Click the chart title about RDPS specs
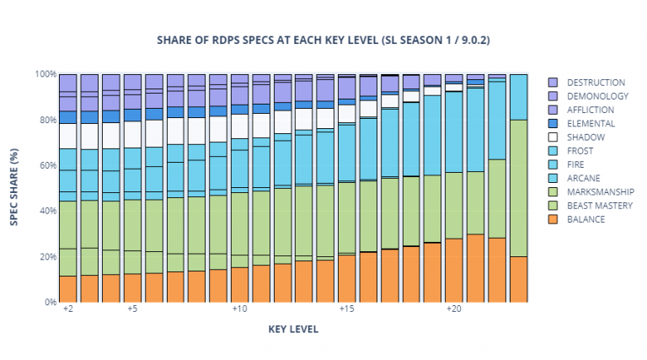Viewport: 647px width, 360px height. point(323,40)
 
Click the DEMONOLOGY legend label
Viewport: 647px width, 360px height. point(596,96)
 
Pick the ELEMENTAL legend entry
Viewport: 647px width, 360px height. point(591,123)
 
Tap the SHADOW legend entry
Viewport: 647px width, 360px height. point(586,137)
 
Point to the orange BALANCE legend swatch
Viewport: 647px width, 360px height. point(553,219)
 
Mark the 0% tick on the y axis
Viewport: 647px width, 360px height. point(50,302)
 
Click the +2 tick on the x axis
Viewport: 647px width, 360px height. point(67,309)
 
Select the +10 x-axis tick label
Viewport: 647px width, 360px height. point(239,309)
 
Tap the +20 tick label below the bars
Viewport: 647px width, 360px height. point(454,309)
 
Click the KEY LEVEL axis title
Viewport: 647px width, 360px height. point(293,330)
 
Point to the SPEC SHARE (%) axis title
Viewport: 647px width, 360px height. point(14,187)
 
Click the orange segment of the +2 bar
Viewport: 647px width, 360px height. point(67,288)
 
